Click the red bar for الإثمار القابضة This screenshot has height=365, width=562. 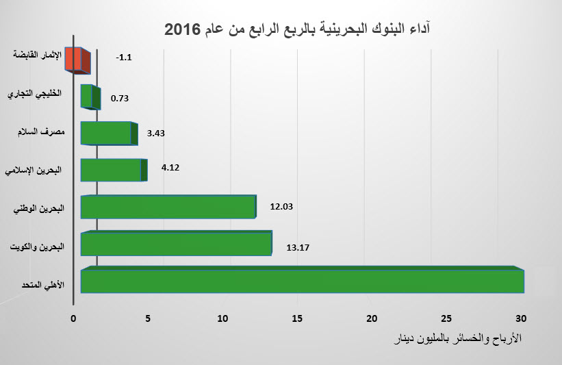tap(77, 60)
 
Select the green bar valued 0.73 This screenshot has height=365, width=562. tap(90, 97)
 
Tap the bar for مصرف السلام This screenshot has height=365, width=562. tap(108, 134)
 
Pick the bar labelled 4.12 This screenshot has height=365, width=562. tap(113, 171)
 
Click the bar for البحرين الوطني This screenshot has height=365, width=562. tap(168, 207)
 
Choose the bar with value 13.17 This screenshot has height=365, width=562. tap(176, 244)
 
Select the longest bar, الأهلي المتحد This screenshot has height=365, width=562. tap(301, 281)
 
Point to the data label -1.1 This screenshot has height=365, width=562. tap(124, 58)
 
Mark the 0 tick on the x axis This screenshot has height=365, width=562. tap(74, 318)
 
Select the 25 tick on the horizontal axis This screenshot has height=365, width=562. tap(447, 318)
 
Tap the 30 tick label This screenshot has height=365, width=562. tap(521, 318)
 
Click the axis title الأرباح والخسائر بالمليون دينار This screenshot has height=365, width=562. tap(454, 339)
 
